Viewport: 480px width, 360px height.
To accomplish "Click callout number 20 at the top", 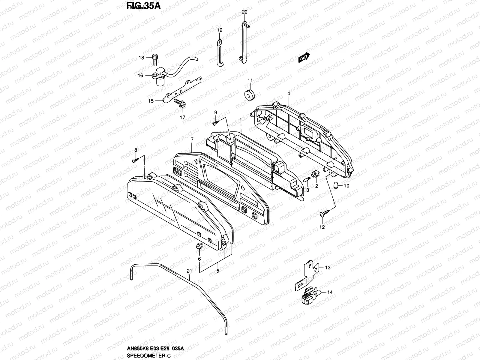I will click(x=244, y=12).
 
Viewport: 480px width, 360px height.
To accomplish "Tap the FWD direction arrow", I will click(x=304, y=58).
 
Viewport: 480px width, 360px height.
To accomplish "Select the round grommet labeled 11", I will click(x=249, y=94).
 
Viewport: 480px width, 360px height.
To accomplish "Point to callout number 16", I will click(x=140, y=76).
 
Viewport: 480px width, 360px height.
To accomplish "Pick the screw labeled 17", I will click(x=180, y=104).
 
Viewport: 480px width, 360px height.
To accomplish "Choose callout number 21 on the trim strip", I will click(x=189, y=271).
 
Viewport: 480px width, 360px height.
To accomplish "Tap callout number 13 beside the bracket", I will click(x=328, y=267).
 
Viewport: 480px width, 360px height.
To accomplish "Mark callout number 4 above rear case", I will click(x=289, y=94).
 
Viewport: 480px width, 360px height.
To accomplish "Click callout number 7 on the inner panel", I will click(x=192, y=139).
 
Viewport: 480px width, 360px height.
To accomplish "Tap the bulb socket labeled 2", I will click(x=315, y=173).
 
